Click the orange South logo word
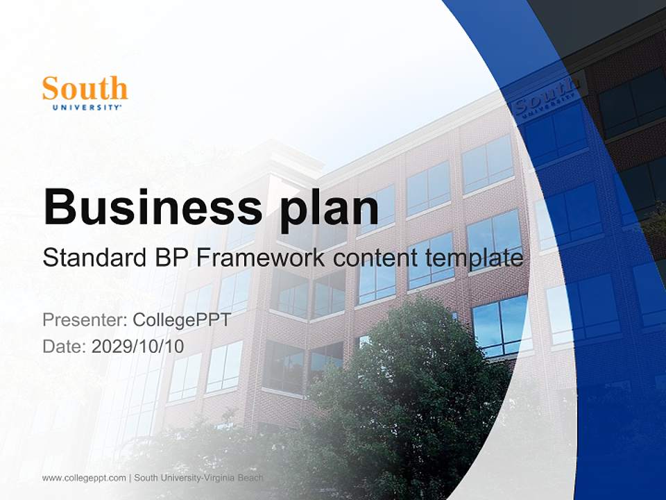click(85, 89)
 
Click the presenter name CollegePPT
click(181, 320)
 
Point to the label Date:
click(65, 346)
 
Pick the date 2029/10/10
click(137, 346)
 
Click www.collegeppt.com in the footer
click(84, 478)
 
